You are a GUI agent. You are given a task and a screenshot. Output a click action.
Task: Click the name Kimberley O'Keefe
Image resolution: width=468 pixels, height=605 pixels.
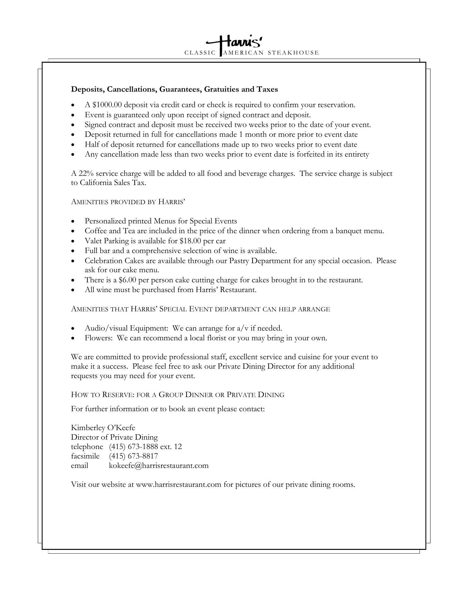point(103,428)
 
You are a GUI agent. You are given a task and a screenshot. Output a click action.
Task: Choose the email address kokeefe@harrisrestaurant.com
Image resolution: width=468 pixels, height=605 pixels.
point(159,466)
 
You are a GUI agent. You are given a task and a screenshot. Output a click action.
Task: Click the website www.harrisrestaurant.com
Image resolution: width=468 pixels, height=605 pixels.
point(178,485)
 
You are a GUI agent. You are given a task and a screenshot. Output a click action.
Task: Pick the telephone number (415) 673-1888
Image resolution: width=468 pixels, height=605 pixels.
point(133,447)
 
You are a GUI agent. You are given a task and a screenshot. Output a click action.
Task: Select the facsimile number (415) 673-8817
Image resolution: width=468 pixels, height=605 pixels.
point(133,456)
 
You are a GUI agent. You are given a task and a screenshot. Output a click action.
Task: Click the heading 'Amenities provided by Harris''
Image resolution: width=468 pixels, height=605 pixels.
point(128,202)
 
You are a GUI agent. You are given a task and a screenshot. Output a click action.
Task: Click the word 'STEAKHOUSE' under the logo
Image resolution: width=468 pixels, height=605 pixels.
point(293,53)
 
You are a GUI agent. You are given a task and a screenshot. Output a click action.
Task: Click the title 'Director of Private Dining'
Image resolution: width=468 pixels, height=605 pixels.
point(114,437)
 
